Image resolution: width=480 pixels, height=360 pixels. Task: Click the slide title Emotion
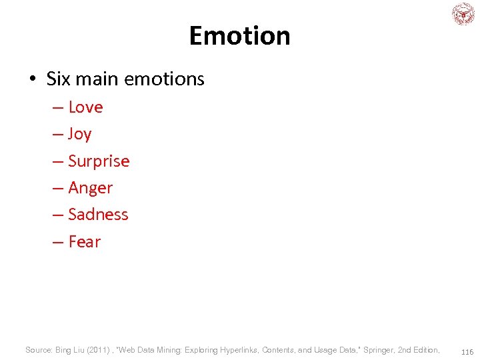[239, 35]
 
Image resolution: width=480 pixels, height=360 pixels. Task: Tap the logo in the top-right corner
[463, 14]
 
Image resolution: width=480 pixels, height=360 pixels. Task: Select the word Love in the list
[85, 107]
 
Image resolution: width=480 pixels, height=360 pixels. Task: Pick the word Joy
[79, 135]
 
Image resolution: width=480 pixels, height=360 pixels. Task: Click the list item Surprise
[99, 161]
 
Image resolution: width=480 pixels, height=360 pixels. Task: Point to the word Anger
[91, 188]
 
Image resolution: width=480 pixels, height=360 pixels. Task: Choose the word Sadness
[98, 215]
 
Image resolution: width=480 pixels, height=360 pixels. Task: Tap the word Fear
[84, 242]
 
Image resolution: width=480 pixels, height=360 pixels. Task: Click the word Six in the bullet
[58, 79]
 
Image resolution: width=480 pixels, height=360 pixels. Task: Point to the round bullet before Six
[32, 79]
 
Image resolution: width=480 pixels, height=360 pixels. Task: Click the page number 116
[467, 351]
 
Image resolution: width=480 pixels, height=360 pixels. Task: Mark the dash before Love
[58, 108]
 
